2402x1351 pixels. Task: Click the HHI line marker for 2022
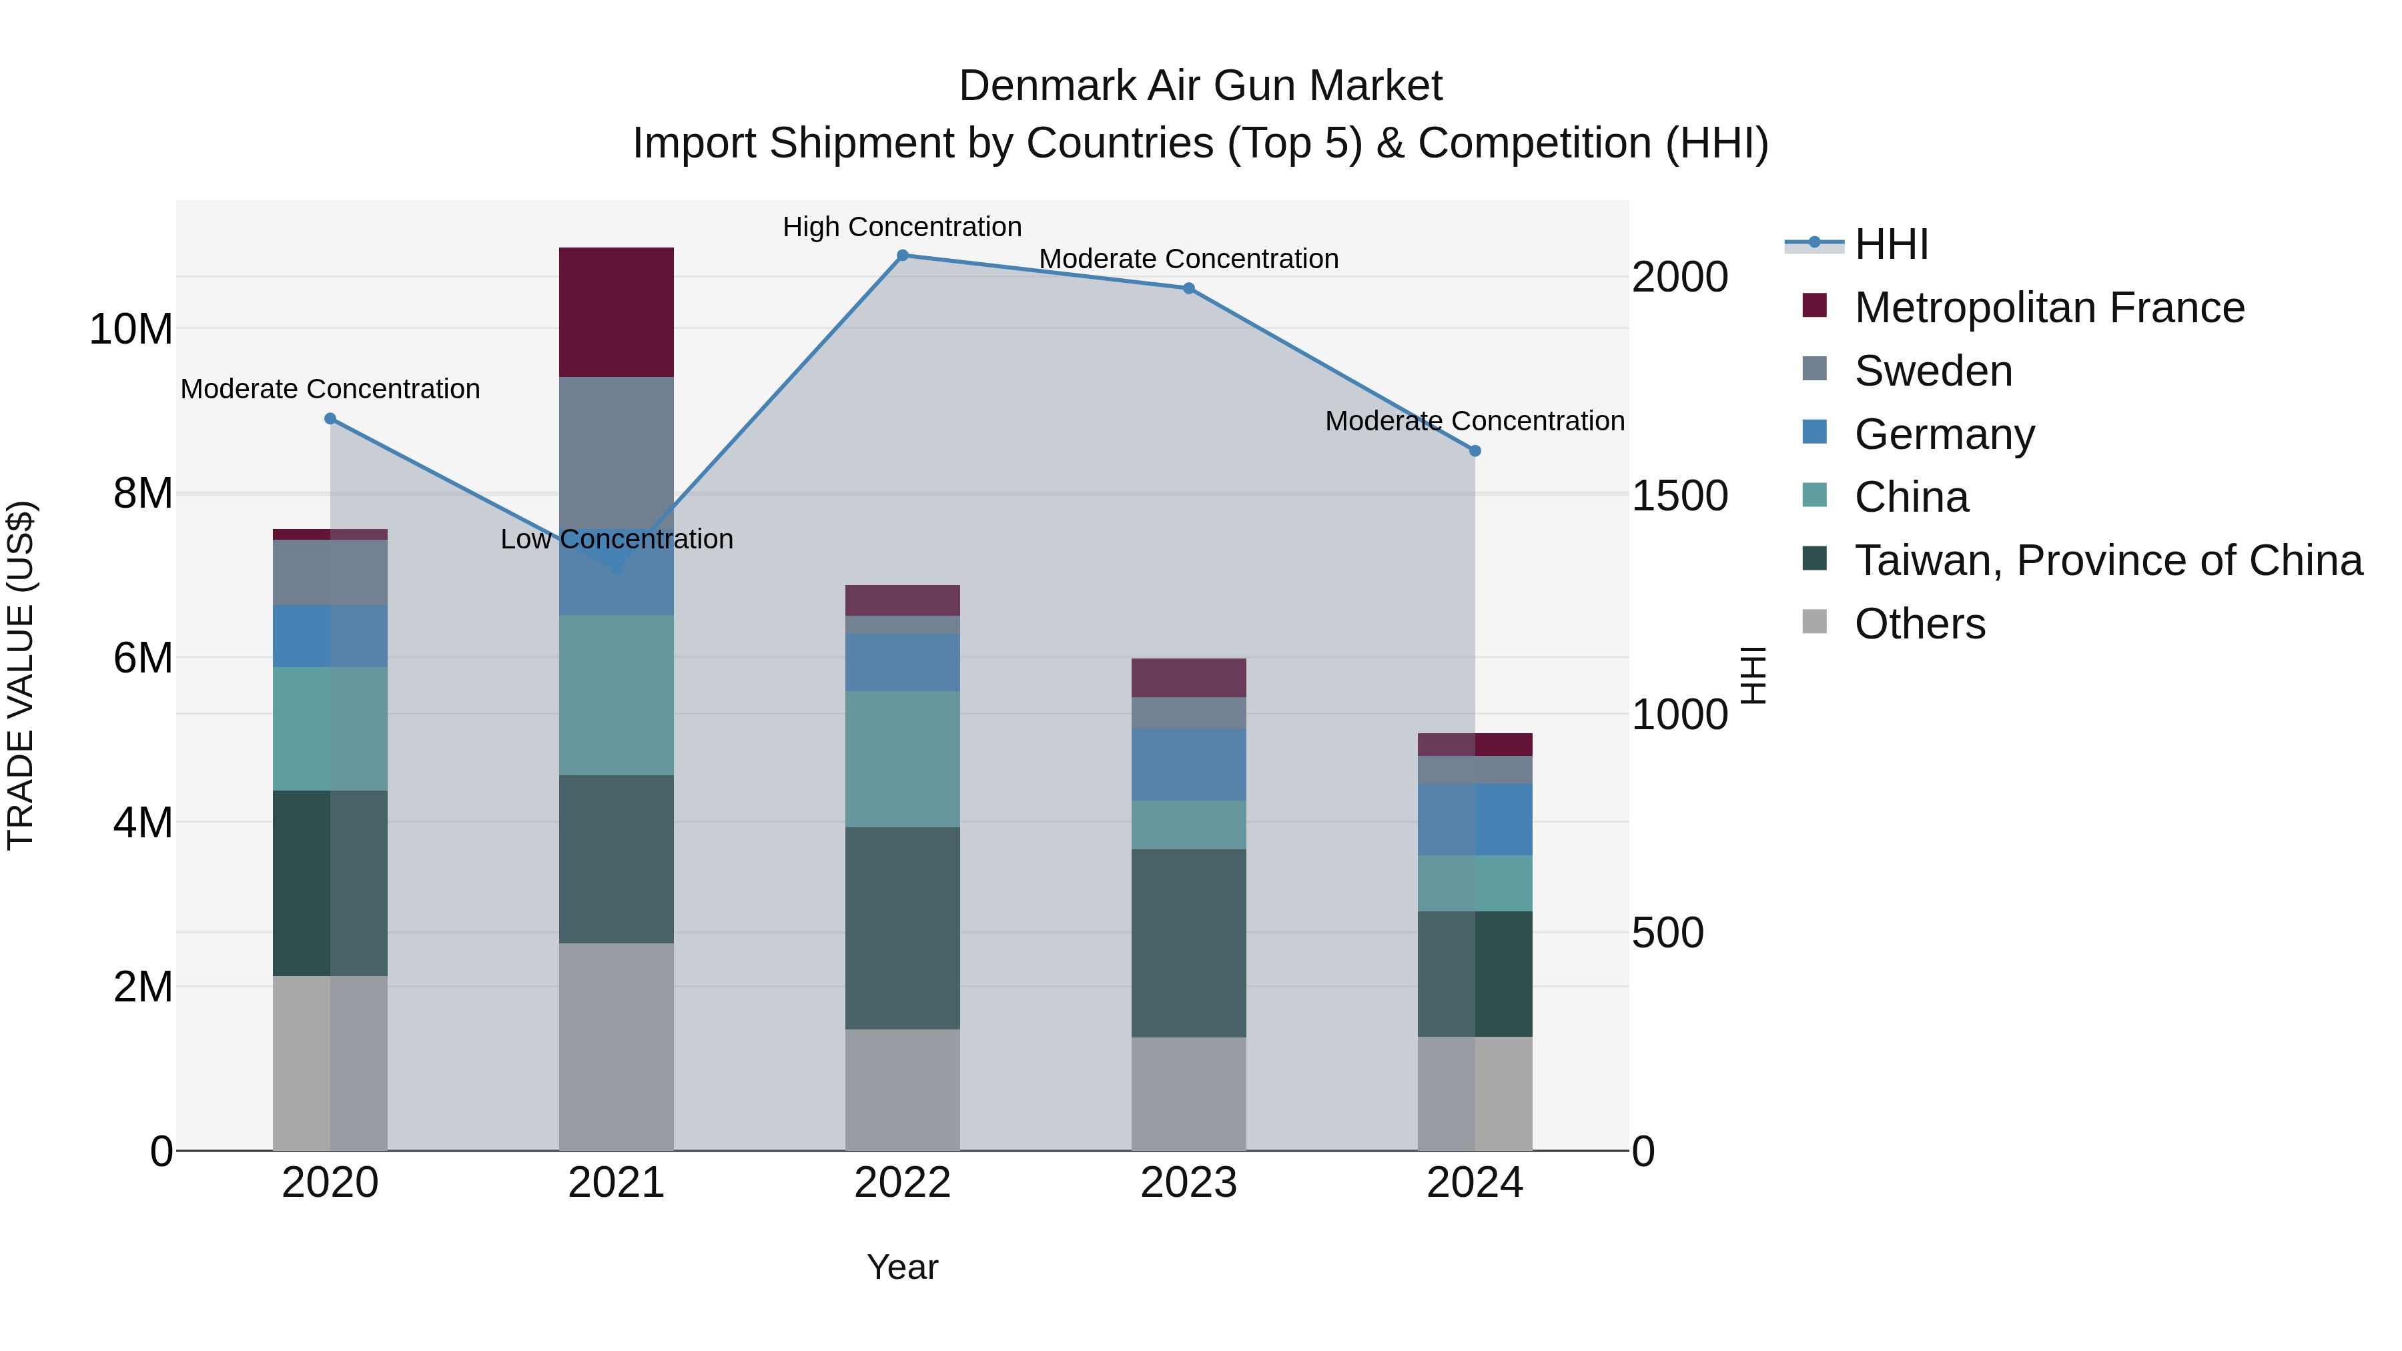pyautogui.click(x=901, y=256)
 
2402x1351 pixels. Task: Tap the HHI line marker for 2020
pyautogui.click(x=330, y=418)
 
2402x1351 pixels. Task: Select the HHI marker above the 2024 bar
pyautogui.click(x=1474, y=450)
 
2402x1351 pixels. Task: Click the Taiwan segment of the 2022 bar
pyautogui.click(x=901, y=928)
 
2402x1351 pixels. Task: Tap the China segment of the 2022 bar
pyautogui.click(x=901, y=759)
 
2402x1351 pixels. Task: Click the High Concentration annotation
pyautogui.click(x=901, y=227)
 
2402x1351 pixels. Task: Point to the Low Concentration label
pyautogui.click(x=617, y=539)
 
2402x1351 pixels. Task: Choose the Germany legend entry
pyautogui.click(x=1944, y=434)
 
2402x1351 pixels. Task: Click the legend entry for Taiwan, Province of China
pyautogui.click(x=2107, y=560)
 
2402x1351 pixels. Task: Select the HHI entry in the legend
pyautogui.click(x=1891, y=244)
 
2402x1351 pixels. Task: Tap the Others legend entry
pyautogui.click(x=1919, y=624)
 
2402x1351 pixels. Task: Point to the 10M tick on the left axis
pyautogui.click(x=131, y=329)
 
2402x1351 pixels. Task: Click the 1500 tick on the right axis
pyautogui.click(x=1679, y=496)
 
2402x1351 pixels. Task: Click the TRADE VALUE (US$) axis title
pyautogui.click(x=21, y=675)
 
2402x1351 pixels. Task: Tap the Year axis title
pyautogui.click(x=901, y=1267)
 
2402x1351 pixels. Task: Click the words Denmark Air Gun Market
pyautogui.click(x=1200, y=86)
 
